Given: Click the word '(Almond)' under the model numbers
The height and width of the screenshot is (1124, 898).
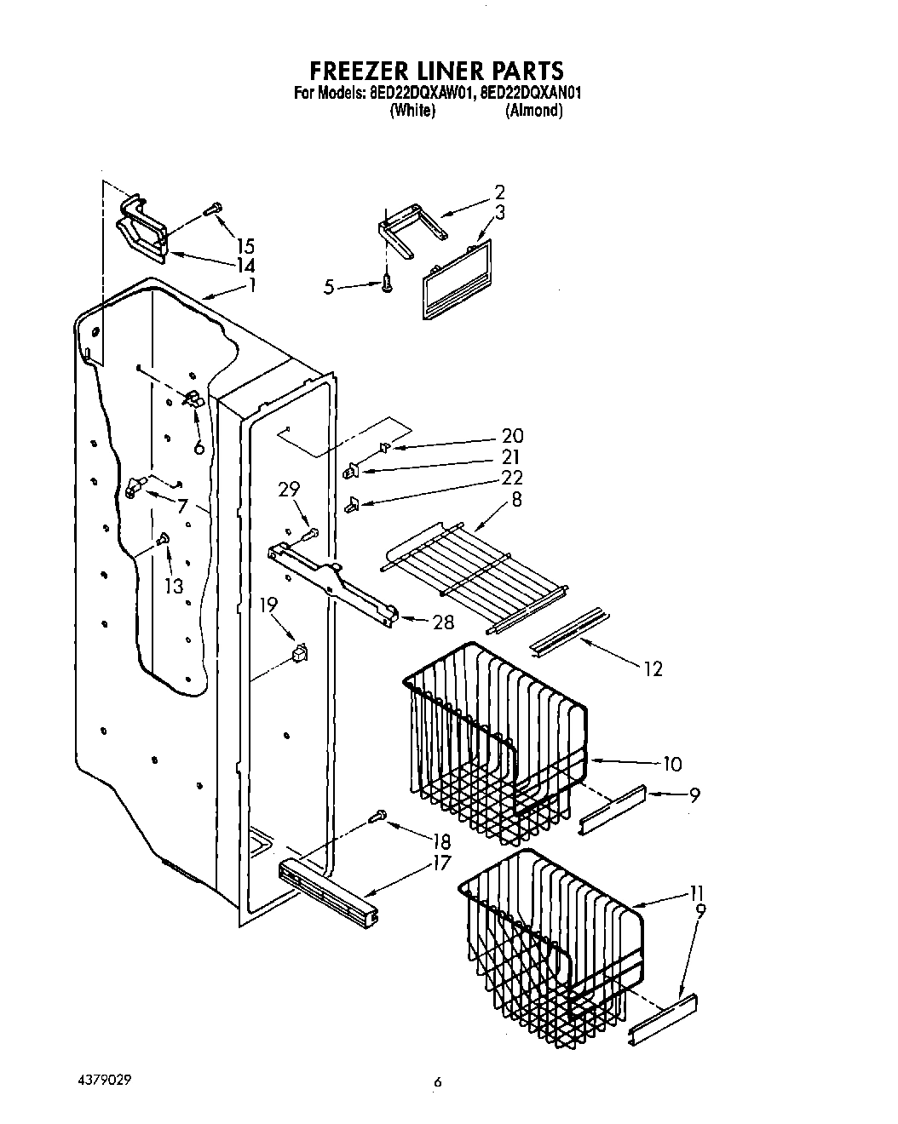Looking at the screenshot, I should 534,111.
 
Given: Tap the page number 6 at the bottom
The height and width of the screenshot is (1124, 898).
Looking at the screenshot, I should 439,1082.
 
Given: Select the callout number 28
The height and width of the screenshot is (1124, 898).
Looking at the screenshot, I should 443,622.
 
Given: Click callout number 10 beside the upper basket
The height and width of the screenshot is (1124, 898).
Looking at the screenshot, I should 671,764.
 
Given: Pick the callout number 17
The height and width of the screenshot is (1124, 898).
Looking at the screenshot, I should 440,863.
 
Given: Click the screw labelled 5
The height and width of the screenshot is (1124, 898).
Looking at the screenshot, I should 388,283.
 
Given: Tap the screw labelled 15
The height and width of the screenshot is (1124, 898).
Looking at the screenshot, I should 213,207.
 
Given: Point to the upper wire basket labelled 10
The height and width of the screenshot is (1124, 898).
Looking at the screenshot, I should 494,737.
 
